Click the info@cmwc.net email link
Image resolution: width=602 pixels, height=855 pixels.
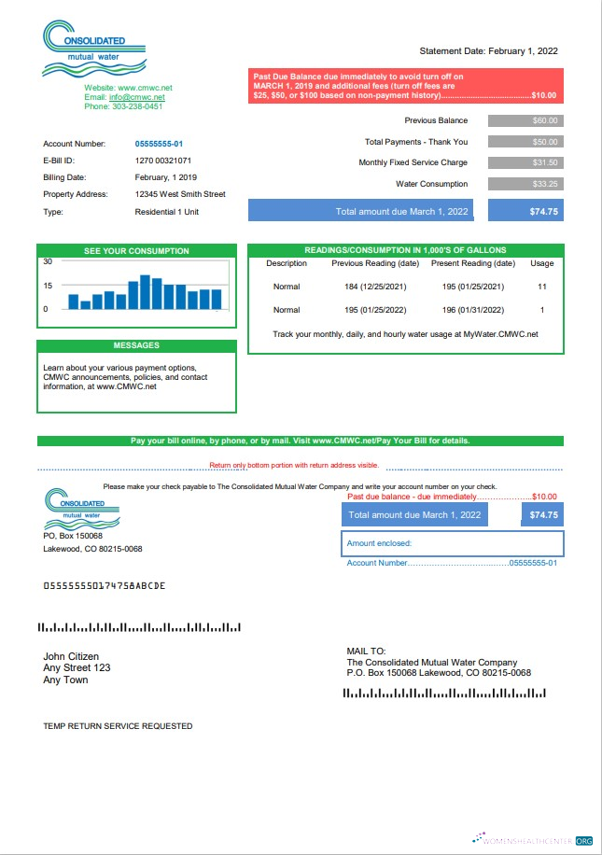click(x=137, y=97)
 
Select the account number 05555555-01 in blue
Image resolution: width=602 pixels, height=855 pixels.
click(x=159, y=144)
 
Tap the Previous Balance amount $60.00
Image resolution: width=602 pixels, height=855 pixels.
click(x=525, y=120)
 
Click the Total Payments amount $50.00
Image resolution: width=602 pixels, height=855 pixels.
click(x=525, y=142)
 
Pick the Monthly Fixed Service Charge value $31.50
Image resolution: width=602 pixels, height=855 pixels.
click(x=525, y=162)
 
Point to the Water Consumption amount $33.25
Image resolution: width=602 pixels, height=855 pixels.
click(x=525, y=184)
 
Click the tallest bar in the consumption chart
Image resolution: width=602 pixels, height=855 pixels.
click(x=145, y=292)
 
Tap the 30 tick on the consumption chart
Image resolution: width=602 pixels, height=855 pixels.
click(x=48, y=261)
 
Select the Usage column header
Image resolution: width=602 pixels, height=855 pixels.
click(x=541, y=263)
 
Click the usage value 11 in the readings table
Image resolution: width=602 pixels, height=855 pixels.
click(x=541, y=286)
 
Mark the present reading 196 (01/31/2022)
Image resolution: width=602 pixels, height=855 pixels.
click(x=472, y=310)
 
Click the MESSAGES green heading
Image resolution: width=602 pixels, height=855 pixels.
click(x=136, y=345)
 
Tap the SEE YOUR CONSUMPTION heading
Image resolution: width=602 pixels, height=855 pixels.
click(x=136, y=251)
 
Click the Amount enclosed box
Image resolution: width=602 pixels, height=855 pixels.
click(x=453, y=543)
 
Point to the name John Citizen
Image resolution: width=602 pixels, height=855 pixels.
click(x=71, y=656)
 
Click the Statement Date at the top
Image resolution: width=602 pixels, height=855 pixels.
click(x=489, y=51)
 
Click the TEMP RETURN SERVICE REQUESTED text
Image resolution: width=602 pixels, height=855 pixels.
click(x=118, y=725)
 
